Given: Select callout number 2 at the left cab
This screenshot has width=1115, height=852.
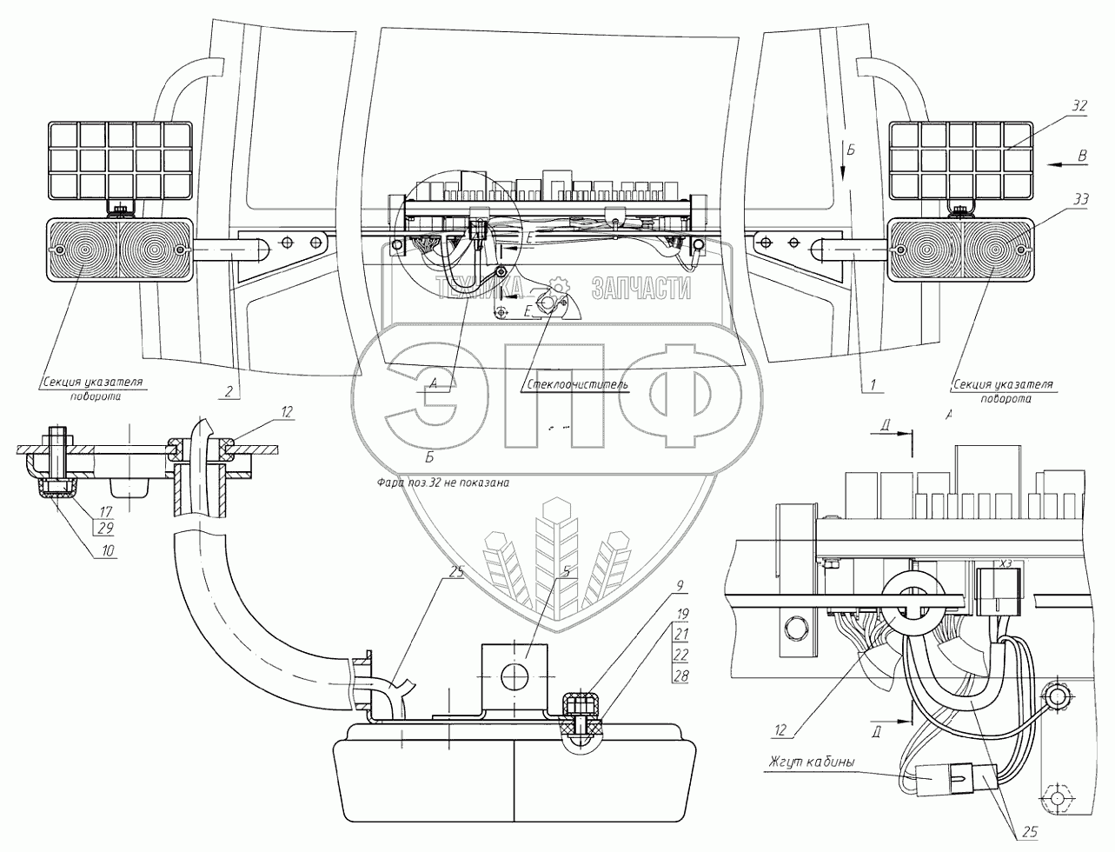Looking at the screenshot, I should pos(228,391).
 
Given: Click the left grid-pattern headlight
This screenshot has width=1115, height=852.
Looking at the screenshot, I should pos(120,159).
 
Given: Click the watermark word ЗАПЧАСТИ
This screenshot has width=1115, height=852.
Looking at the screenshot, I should pos(640,289).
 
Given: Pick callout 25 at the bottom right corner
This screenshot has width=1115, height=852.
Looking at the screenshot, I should pos(1029,833).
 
